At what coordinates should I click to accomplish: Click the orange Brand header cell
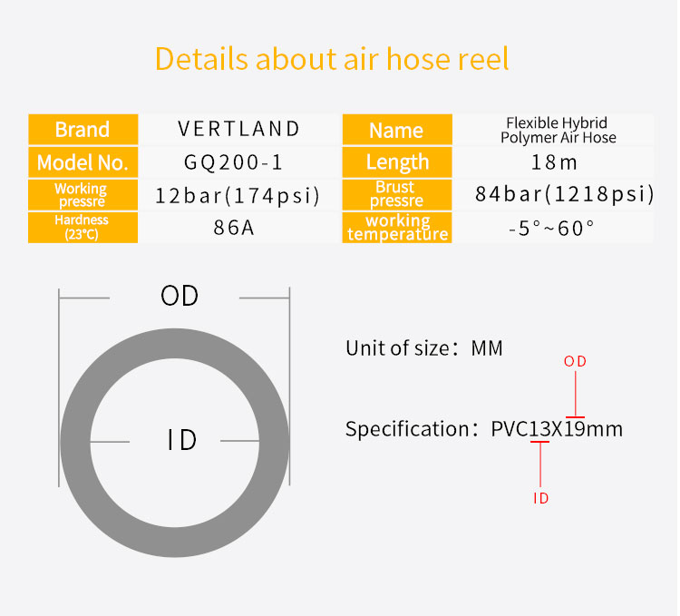pos(83,129)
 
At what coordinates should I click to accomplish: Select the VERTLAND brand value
pos(239,129)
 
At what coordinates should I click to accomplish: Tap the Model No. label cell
pos(83,162)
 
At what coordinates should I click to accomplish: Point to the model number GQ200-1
pos(233,162)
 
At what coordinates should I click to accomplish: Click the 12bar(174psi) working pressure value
pos(238,195)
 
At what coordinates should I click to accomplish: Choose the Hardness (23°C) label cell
pos(83,228)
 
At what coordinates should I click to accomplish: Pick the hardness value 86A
pos(233,228)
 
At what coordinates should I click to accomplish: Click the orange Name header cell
pos(397,130)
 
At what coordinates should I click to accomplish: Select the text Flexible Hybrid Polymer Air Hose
pos(558,130)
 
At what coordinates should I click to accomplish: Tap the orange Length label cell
pos(397,162)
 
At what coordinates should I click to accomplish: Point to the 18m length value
pos(554,162)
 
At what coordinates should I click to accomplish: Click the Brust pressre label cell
pos(397,194)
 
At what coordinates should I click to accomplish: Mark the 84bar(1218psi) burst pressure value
pos(564,194)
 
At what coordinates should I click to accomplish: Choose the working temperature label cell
pos(397,228)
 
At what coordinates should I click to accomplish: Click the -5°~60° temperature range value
pos(551,229)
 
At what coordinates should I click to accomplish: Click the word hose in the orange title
pos(418,59)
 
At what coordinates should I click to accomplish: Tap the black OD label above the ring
pos(180,297)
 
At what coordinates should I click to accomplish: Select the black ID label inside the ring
pos(182,440)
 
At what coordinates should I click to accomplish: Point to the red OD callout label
pos(575,361)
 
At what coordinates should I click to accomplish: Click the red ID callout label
pos(540,498)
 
